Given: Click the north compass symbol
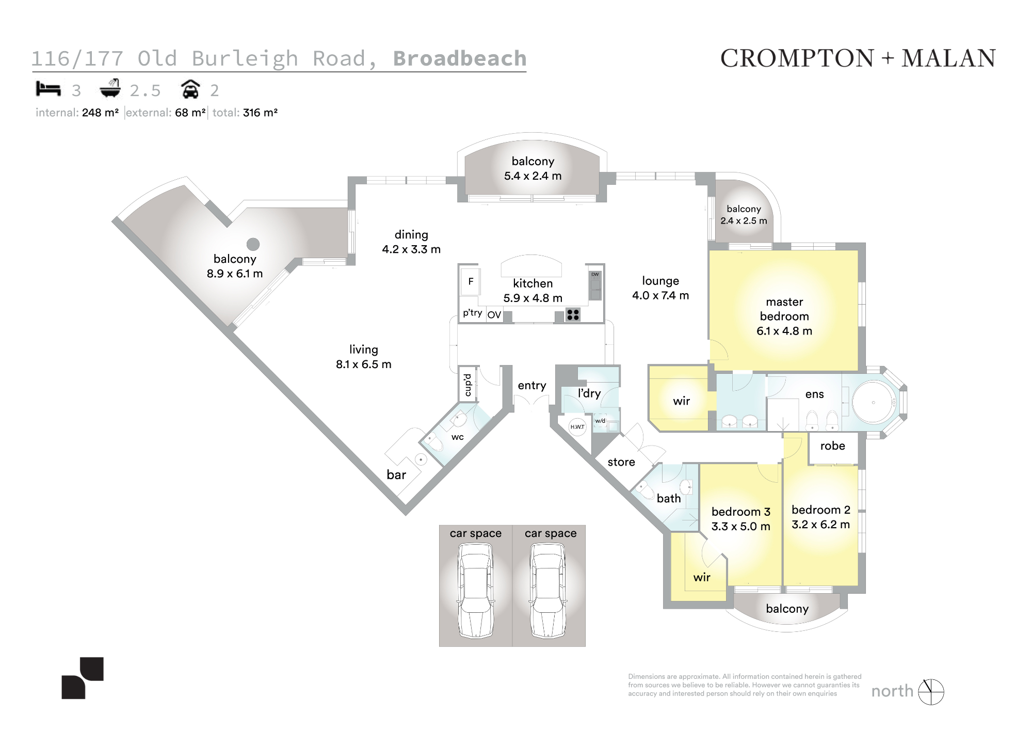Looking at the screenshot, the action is click(x=931, y=692).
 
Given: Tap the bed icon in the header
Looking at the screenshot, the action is click(x=48, y=89).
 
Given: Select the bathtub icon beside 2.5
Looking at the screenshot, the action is click(x=110, y=88).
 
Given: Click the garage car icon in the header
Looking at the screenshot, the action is click(x=190, y=89).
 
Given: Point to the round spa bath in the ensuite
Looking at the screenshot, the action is click(x=874, y=402).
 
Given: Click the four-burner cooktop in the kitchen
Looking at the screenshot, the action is click(x=573, y=314).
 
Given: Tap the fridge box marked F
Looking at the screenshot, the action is click(x=470, y=282).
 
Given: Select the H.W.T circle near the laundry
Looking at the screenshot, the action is click(x=577, y=427).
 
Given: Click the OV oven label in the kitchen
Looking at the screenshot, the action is click(x=494, y=315).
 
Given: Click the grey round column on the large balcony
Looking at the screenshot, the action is click(x=253, y=244).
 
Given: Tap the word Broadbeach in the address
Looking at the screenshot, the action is click(x=460, y=58).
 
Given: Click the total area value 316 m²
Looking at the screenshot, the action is click(x=261, y=113).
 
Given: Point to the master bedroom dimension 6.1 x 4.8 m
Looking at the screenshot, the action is click(x=784, y=331).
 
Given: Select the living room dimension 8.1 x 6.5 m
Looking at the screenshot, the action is click(x=364, y=364).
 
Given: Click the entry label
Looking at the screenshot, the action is click(x=532, y=386).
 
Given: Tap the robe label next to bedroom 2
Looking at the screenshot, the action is click(x=833, y=446).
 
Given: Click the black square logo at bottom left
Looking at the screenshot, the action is click(x=83, y=678).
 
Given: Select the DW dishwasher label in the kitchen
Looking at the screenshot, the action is click(x=595, y=274).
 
